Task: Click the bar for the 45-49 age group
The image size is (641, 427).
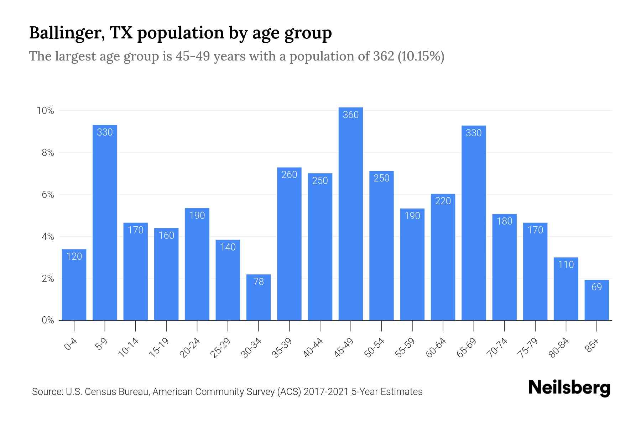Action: (350, 213)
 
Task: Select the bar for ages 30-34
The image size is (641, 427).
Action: (259, 297)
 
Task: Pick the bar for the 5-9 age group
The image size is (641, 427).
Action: (105, 222)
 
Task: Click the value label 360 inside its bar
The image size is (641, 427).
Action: (350, 115)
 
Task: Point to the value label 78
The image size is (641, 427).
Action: (259, 282)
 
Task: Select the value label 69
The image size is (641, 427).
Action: (596, 287)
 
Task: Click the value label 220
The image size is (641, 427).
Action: (443, 201)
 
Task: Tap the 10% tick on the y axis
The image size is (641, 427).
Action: (46, 111)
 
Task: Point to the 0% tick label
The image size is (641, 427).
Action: (48, 320)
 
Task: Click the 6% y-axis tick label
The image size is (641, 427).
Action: (48, 195)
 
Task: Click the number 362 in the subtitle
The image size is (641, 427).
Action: (383, 56)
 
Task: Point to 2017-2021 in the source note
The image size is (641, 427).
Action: (326, 392)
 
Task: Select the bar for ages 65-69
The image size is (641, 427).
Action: (473, 223)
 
